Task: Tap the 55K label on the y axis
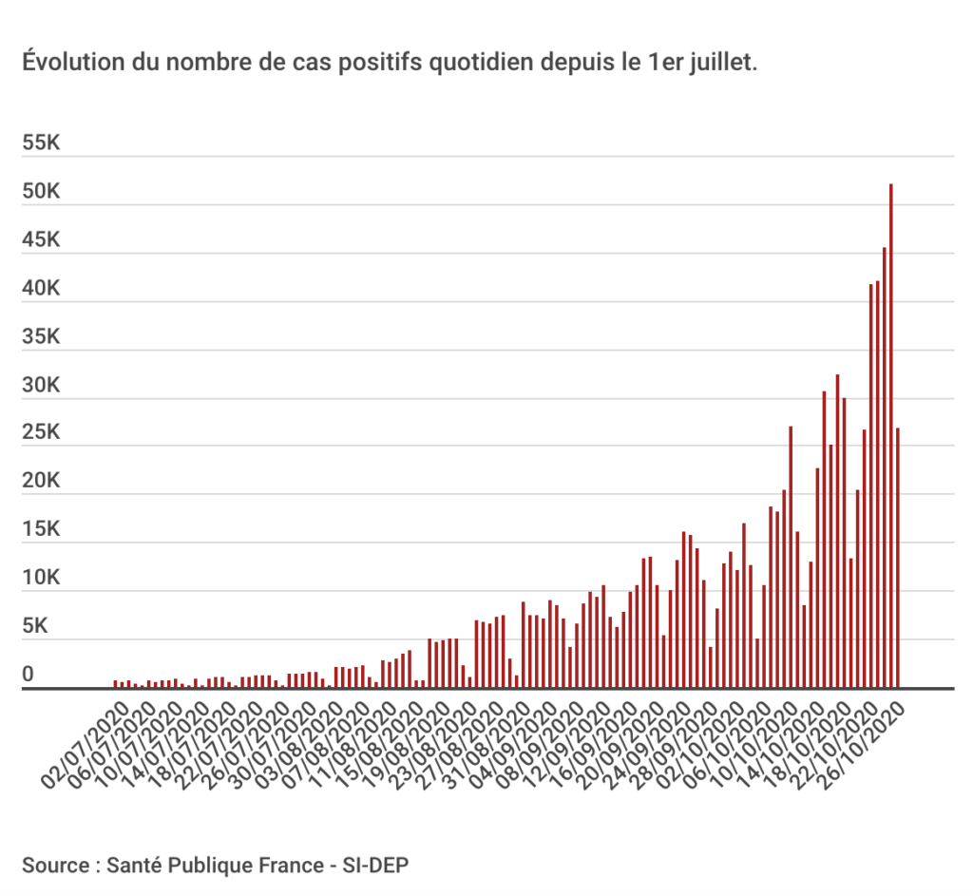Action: (x=42, y=144)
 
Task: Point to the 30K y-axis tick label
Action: (x=42, y=387)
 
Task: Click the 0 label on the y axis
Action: (x=29, y=675)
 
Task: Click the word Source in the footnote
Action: (x=56, y=866)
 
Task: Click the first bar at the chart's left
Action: (x=115, y=683)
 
